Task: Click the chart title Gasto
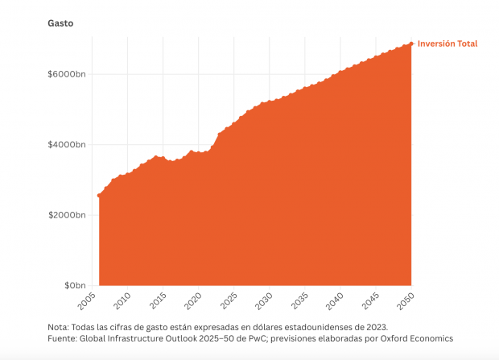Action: (x=60, y=23)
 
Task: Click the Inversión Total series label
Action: (x=447, y=43)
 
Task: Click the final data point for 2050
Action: (x=412, y=43)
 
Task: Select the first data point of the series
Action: (x=99, y=195)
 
